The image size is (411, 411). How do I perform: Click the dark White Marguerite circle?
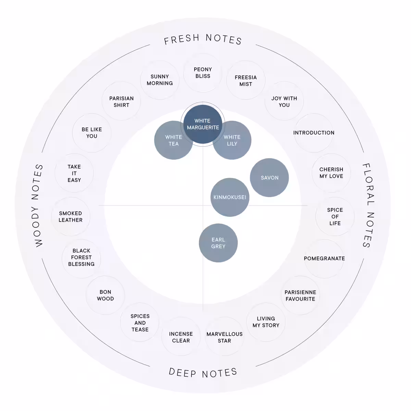203,124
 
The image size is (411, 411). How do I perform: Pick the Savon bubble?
270,177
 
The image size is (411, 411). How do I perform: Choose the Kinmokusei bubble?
230,197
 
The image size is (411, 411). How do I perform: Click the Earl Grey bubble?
218,243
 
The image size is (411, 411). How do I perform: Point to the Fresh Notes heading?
203,39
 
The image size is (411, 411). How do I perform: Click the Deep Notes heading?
203,373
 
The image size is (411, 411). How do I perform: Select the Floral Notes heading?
368,206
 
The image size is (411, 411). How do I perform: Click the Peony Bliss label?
203,73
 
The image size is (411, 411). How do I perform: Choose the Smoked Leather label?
71,216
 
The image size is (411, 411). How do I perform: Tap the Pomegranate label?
324,259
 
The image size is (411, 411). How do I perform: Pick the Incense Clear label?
181,337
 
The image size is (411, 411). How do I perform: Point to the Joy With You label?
284,102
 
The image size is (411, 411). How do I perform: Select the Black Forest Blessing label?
81,257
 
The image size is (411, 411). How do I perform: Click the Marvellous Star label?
224,337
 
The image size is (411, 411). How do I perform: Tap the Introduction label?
314,133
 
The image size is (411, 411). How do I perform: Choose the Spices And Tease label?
140,323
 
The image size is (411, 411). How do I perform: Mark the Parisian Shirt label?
121,102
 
